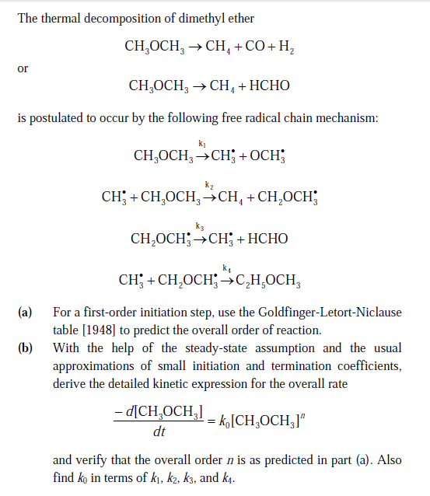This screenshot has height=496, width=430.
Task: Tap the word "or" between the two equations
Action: (23, 68)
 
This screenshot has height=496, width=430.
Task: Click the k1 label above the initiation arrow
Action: (202, 143)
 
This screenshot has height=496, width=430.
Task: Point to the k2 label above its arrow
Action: (208, 184)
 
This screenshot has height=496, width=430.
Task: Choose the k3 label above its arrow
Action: (201, 226)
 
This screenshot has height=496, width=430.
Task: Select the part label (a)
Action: (25, 313)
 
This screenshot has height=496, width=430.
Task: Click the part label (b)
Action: (25, 348)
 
